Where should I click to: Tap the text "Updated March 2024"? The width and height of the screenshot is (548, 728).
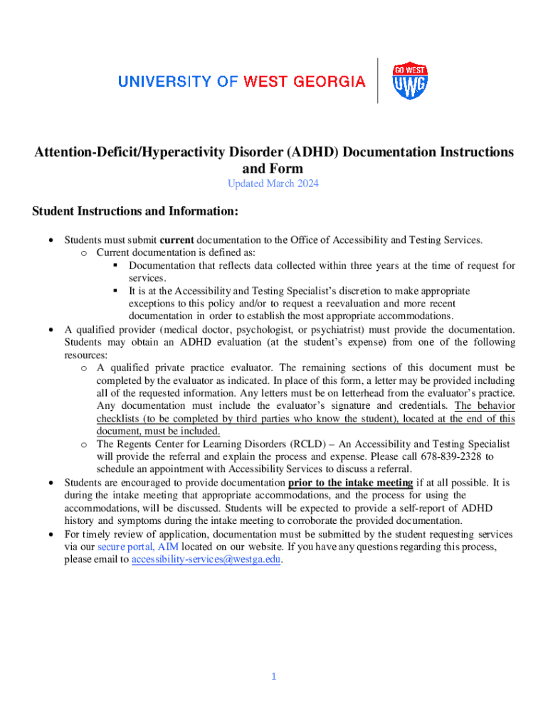coord(273,184)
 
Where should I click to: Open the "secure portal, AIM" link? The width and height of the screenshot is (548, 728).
coord(138,547)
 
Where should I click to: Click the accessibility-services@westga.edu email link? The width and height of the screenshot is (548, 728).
coord(206,559)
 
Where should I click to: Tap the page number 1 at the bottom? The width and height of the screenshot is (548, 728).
coord(273,676)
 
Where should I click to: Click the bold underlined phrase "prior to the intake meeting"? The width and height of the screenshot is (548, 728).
coord(350,483)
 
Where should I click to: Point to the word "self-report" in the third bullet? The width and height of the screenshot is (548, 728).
coord(429,508)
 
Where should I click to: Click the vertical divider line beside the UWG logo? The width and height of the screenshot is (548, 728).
coord(378,80)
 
